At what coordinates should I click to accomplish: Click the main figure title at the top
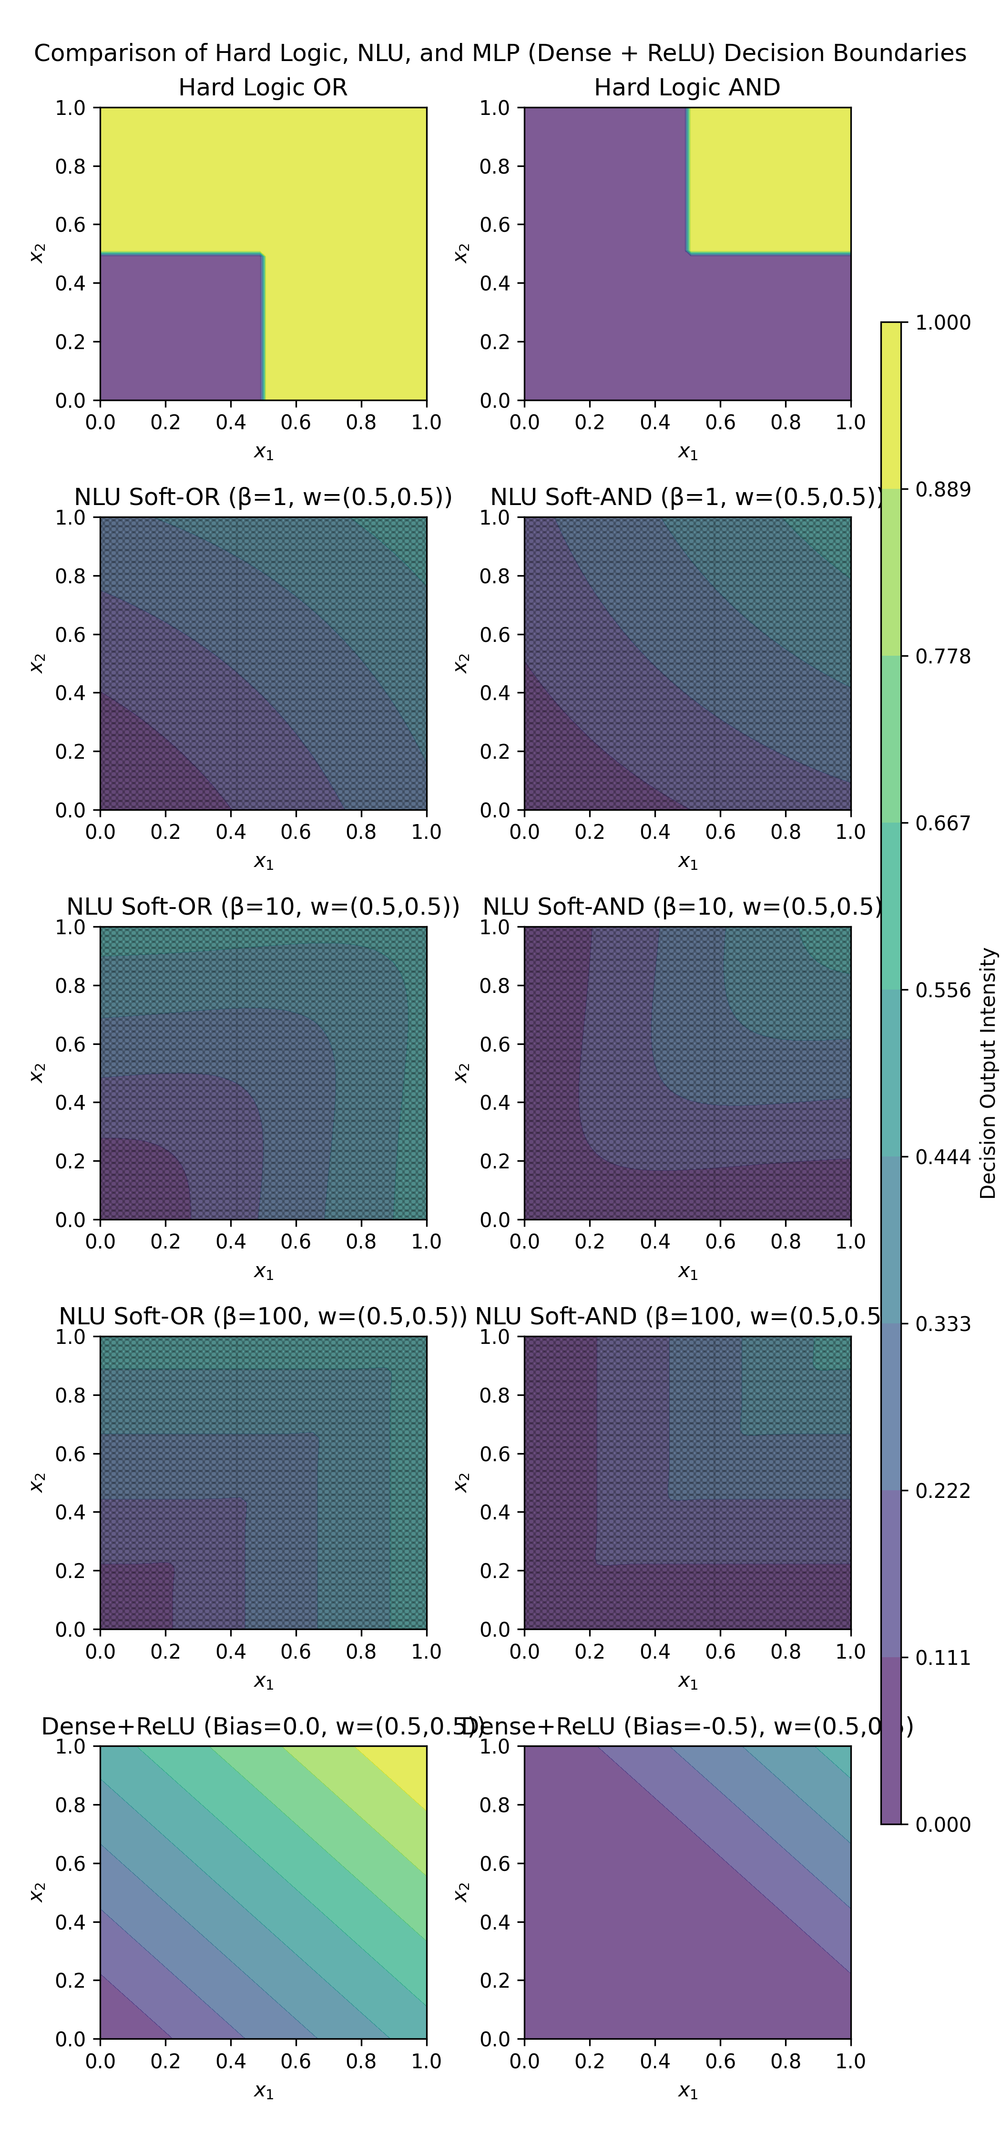[x=500, y=53]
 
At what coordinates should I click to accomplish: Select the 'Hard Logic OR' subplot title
[x=263, y=87]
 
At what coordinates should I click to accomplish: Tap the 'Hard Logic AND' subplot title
[x=687, y=87]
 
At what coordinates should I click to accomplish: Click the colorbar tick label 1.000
[x=943, y=322]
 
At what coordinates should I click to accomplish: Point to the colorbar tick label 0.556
[x=943, y=990]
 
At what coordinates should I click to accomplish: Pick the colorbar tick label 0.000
[x=943, y=1825]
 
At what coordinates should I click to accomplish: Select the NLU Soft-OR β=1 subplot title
[x=263, y=497]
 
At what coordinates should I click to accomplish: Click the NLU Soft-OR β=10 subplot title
[x=263, y=907]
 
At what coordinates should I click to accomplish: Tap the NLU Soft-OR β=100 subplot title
[x=263, y=1316]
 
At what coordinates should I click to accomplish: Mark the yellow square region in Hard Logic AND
[x=769, y=179]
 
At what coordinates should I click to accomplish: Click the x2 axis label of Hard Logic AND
[x=460, y=253]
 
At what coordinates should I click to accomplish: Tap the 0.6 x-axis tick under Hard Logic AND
[x=720, y=423]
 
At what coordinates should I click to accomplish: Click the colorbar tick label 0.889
[x=943, y=489]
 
